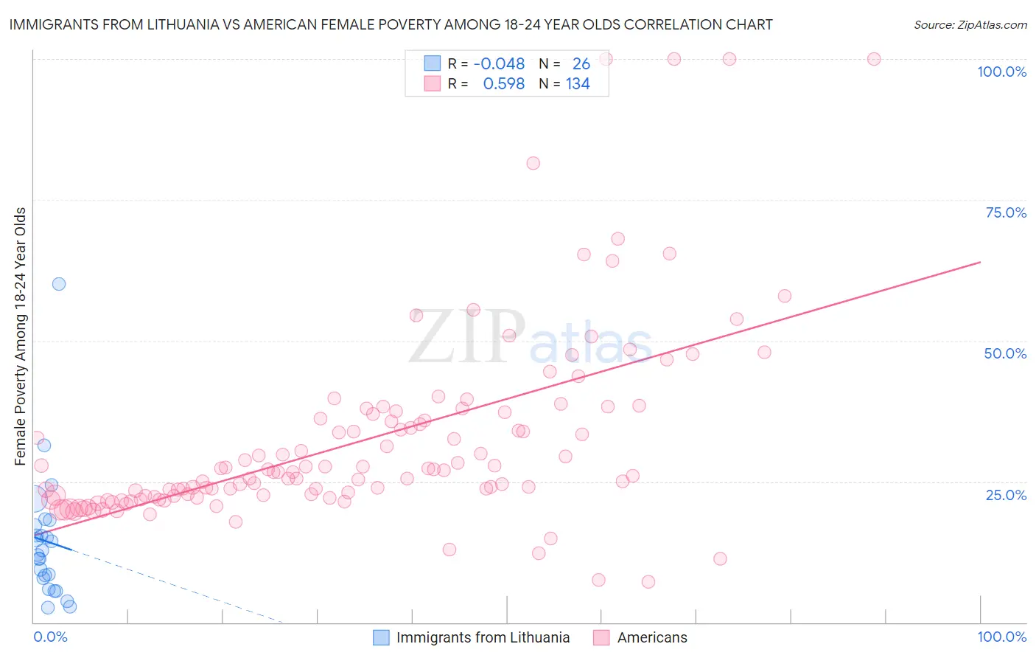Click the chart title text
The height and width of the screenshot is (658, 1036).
tap(391, 24)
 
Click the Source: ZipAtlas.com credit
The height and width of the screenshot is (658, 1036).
tap(970, 24)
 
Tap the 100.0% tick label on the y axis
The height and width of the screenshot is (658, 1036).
tap(1001, 72)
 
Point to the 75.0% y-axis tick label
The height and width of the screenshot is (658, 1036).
tap(1006, 212)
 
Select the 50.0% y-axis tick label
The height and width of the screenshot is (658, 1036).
tap(1005, 353)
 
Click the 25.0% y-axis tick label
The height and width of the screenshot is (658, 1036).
tap(1006, 494)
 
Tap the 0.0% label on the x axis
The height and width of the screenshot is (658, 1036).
tap(50, 637)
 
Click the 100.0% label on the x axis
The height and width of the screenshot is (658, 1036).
tap(1001, 637)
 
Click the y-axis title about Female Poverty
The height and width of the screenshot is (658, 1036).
tap(21, 336)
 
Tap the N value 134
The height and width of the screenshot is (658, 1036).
tap(578, 84)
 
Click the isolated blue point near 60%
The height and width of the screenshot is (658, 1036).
tap(59, 284)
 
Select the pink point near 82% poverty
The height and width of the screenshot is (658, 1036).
tap(533, 163)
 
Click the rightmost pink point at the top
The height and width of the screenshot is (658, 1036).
tap(874, 59)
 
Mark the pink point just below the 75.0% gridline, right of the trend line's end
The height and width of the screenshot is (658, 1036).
tap(617, 239)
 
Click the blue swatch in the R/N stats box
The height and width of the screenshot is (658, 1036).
tap(432, 64)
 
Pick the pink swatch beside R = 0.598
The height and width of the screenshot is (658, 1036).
tap(432, 84)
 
